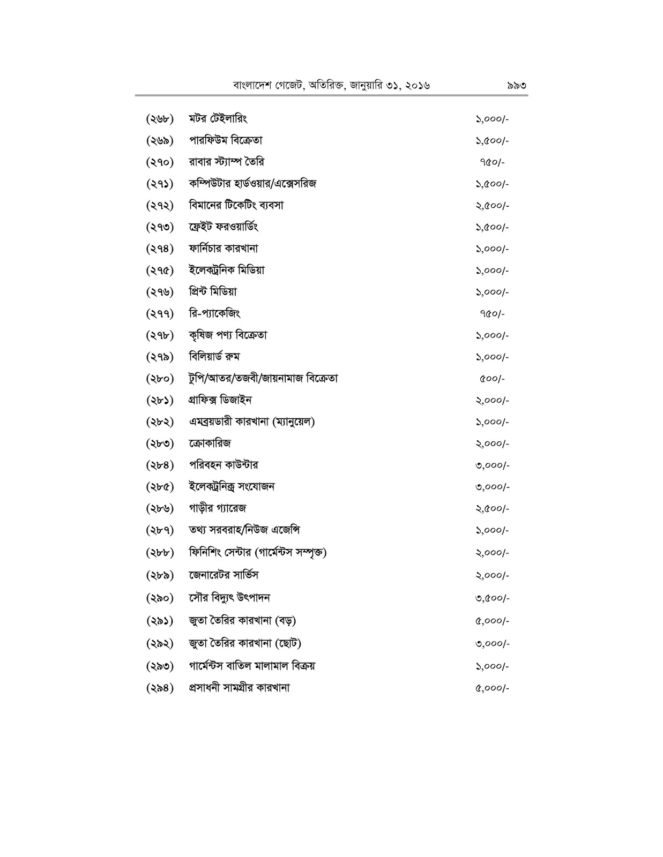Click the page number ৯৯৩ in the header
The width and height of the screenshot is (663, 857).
click(516, 85)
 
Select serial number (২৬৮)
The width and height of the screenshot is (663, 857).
click(160, 119)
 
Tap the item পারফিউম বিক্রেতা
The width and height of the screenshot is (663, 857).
click(225, 140)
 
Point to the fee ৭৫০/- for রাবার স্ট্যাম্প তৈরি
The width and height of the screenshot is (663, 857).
click(492, 162)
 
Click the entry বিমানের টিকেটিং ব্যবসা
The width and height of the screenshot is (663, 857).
click(236, 205)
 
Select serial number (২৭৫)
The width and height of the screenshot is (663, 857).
click(160, 270)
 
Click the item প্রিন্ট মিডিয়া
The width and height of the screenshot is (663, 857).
click(213, 292)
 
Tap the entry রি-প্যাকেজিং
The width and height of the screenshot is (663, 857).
click(211, 313)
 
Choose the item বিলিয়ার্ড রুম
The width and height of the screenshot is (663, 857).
click(214, 357)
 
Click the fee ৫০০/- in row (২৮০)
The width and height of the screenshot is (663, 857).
click(492, 379)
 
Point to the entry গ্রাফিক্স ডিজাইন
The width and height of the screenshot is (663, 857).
click(220, 400)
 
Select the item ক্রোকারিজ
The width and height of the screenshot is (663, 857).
click(210, 443)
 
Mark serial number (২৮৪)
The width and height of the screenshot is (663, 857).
click(160, 465)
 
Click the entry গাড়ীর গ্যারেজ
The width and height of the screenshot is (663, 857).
click(218, 508)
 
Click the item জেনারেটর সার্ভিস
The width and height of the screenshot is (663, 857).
click(224, 575)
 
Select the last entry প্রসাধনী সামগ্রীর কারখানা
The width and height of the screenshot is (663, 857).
click(239, 688)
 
